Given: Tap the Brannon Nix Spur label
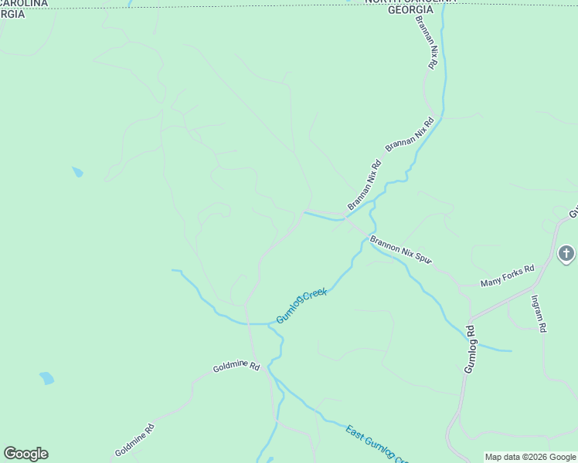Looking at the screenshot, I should tap(399, 250).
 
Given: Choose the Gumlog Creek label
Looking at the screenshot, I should tap(302, 306).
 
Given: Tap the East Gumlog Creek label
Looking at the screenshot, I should tap(376, 444).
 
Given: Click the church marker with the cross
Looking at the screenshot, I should tap(566, 253).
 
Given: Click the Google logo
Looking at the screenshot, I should tap(25, 453).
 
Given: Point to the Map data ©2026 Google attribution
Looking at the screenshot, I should tap(530, 457).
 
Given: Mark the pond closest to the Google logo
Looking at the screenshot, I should tap(47, 378).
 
